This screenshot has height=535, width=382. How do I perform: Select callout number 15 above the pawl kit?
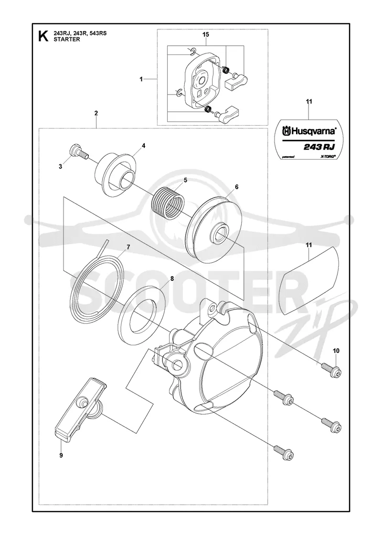(206, 34)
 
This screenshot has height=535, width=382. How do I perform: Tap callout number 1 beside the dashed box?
(141, 79)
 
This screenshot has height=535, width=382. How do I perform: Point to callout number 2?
(96, 113)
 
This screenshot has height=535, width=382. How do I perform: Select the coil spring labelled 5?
(167, 203)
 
